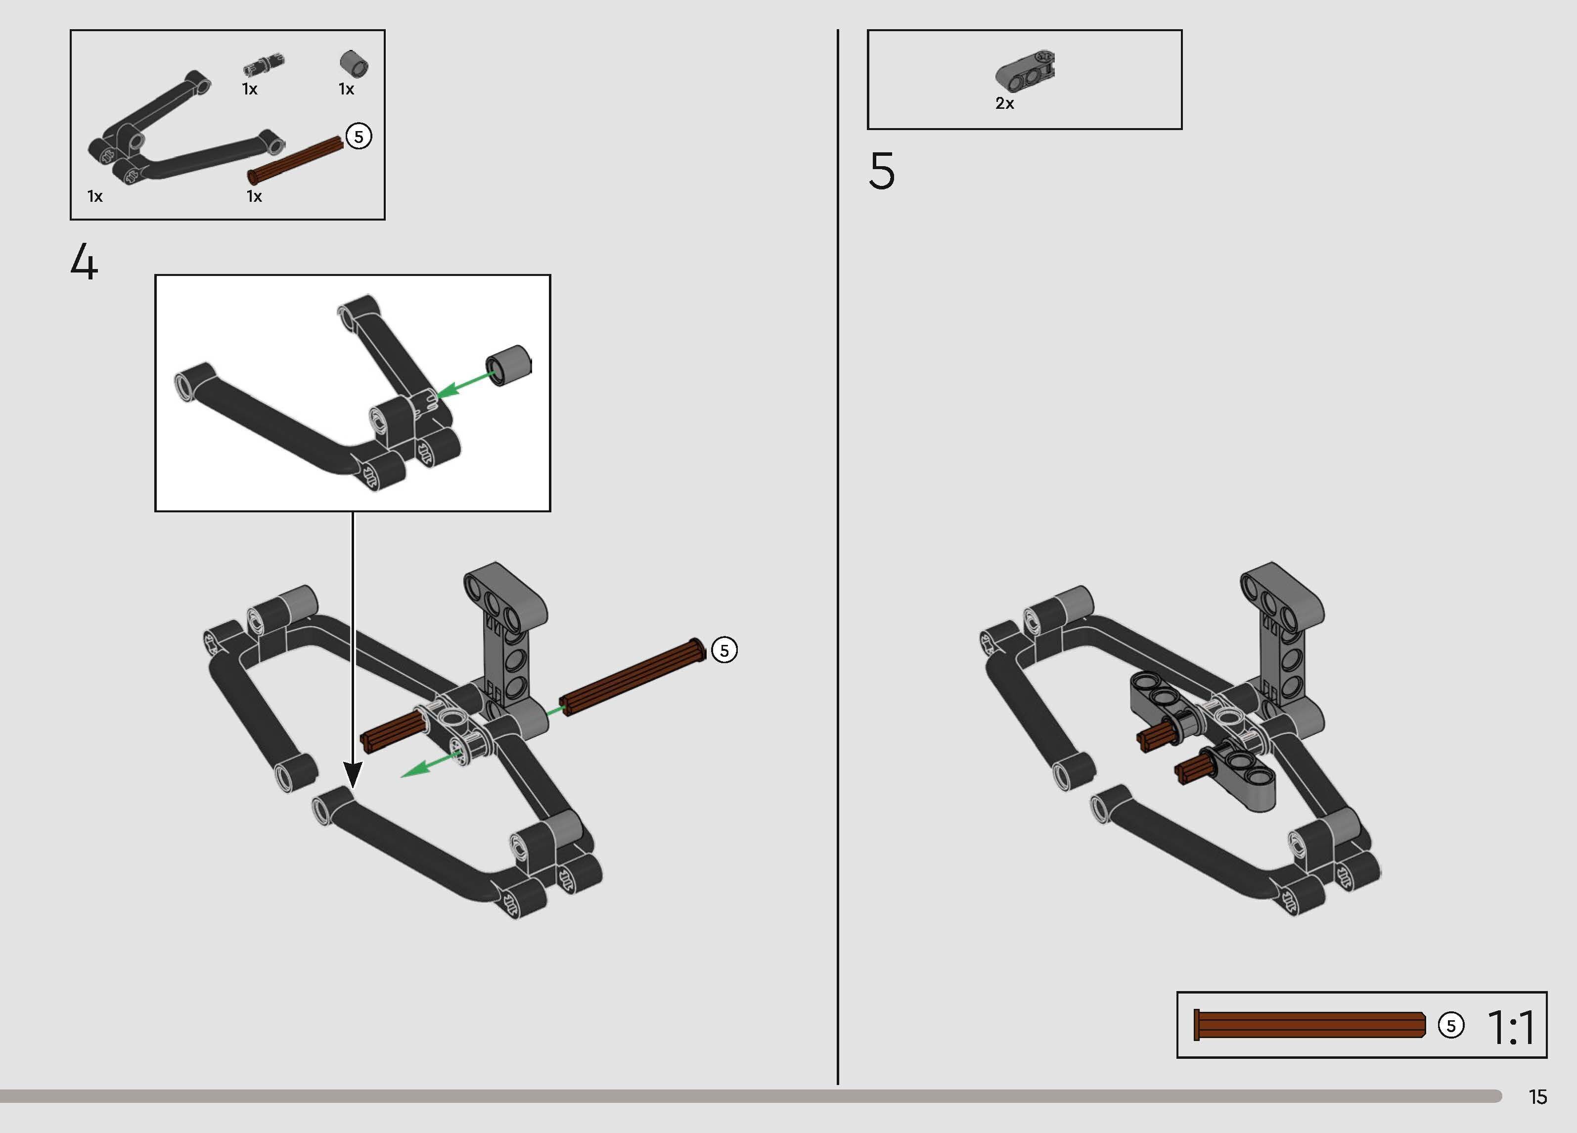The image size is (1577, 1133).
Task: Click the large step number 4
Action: click(x=84, y=262)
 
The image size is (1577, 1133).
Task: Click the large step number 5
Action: click(x=882, y=171)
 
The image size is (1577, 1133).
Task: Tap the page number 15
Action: click(x=1538, y=1097)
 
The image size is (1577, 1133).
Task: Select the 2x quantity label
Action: click(x=1005, y=104)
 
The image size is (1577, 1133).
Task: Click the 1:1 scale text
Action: click(x=1511, y=1027)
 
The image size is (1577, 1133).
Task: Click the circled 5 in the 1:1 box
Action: click(x=1451, y=1025)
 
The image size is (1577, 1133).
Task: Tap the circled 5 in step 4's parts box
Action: click(x=359, y=136)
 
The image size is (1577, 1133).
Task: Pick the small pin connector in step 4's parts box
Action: click(x=264, y=65)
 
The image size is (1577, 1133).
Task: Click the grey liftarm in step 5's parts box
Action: click(x=1025, y=71)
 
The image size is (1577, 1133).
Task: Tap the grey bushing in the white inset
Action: click(x=508, y=365)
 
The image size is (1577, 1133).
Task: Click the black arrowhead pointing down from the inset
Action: click(x=353, y=774)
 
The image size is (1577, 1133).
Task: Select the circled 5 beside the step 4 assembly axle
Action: click(x=724, y=650)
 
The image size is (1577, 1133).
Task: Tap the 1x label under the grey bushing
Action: click(x=346, y=89)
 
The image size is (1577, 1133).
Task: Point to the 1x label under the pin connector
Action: click(x=250, y=89)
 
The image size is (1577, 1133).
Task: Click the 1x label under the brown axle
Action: click(x=255, y=196)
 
